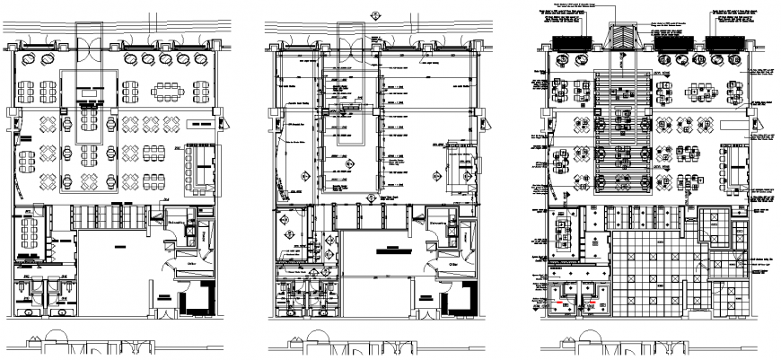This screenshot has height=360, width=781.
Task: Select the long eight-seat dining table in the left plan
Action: [170, 90]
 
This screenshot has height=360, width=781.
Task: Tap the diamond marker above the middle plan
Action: [374, 12]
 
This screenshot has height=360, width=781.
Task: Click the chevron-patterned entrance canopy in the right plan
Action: [622, 40]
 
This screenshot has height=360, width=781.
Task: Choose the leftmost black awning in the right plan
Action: [568, 42]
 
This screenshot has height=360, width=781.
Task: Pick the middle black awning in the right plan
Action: [674, 42]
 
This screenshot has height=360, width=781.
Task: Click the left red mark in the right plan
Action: [565, 304]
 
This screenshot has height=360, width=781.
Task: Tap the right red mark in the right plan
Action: [593, 304]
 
